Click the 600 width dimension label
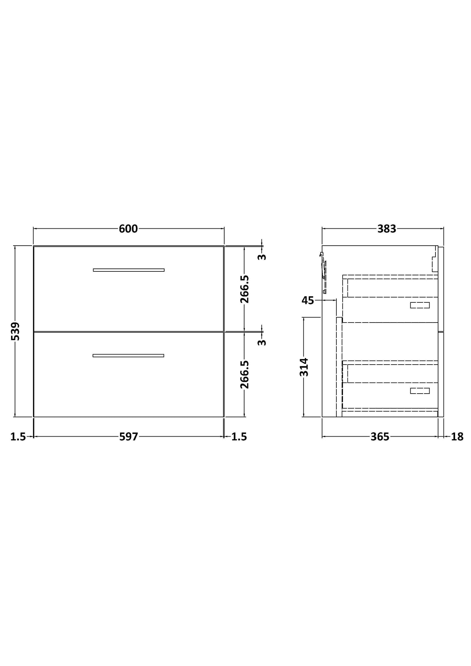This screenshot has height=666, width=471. (x=128, y=229)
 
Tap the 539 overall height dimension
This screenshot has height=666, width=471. (x=15, y=331)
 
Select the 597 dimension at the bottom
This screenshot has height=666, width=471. (x=128, y=437)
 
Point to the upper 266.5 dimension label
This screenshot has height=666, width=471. (x=245, y=289)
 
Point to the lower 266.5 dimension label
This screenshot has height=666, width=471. (x=245, y=374)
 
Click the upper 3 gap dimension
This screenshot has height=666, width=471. (x=262, y=257)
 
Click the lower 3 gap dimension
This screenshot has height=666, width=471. (x=262, y=342)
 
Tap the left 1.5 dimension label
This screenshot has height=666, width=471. (x=18, y=437)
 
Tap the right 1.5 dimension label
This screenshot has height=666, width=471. (x=239, y=437)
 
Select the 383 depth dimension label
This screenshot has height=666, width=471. (x=387, y=229)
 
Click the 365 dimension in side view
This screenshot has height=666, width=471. (x=380, y=437)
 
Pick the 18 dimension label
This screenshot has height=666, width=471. (x=457, y=437)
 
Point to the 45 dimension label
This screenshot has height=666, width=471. (x=308, y=300)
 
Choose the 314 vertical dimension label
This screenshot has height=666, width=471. (x=304, y=367)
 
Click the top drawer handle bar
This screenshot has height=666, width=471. (x=129, y=270)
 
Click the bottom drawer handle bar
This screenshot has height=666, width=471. (x=128, y=355)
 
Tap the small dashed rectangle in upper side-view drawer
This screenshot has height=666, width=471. (x=420, y=305)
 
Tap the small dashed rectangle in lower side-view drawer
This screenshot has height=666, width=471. (x=420, y=391)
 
